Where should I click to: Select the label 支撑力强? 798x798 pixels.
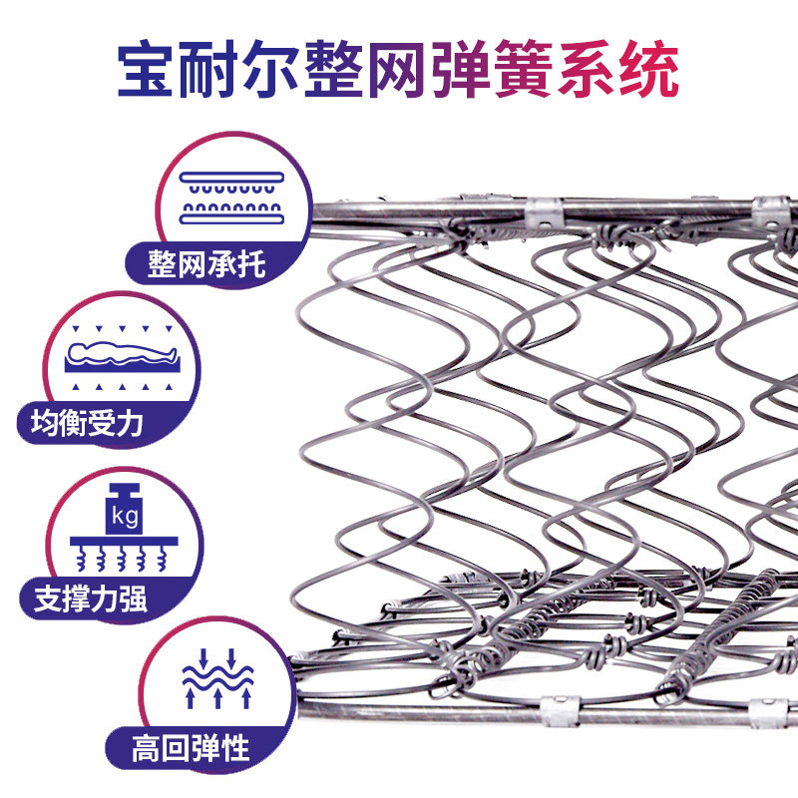tap(91, 599)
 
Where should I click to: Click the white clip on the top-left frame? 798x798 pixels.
tap(540, 210)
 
